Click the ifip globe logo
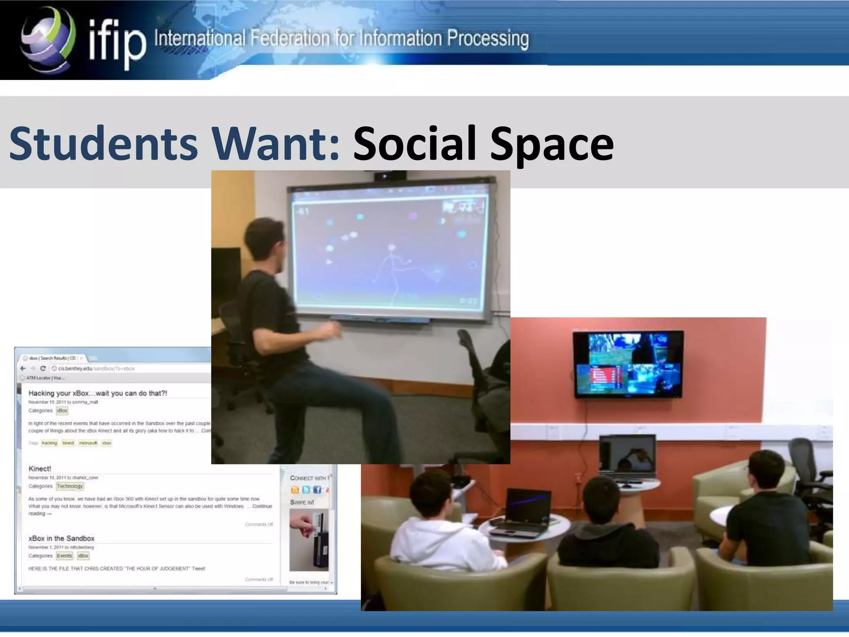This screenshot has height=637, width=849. pyautogui.click(x=48, y=39)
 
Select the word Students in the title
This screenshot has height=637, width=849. pyautogui.click(x=104, y=143)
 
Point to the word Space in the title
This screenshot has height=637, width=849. pyautogui.click(x=551, y=143)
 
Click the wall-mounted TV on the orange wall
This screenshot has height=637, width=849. pyautogui.click(x=628, y=364)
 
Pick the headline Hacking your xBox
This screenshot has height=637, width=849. pyautogui.click(x=98, y=393)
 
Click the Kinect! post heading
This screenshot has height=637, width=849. pyautogui.click(x=40, y=469)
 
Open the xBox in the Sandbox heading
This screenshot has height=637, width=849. pyautogui.click(x=61, y=538)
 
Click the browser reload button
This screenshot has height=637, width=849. pyautogui.click(x=43, y=368)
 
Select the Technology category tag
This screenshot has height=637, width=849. pyautogui.click(x=70, y=486)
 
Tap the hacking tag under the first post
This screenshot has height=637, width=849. pyautogui.click(x=49, y=443)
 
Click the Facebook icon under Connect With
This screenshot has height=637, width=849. pyautogui.click(x=317, y=490)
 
